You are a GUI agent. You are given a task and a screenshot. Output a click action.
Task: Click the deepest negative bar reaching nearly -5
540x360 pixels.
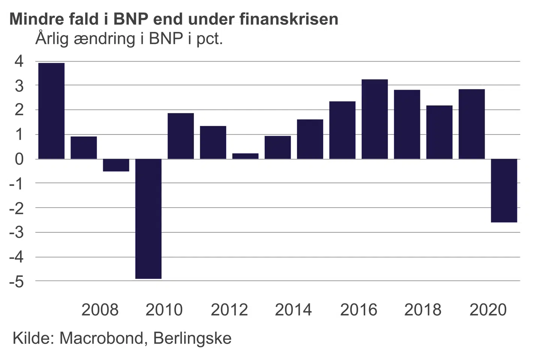pyautogui.click(x=148, y=219)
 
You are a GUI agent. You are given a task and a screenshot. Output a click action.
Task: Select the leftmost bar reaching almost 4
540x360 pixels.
pyautogui.click(x=51, y=111)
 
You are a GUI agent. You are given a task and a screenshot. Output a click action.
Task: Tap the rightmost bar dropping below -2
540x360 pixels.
pyautogui.click(x=504, y=190)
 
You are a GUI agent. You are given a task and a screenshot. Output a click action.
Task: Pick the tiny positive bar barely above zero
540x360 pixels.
pyautogui.click(x=245, y=156)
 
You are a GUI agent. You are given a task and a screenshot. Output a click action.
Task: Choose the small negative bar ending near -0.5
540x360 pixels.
pyautogui.click(x=116, y=165)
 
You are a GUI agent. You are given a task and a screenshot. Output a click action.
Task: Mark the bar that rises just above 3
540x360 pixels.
pyautogui.click(x=375, y=119)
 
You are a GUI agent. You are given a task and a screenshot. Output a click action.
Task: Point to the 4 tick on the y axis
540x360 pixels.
pyautogui.click(x=19, y=61)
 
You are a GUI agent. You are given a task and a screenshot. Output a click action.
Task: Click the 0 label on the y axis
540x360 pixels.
pyautogui.click(x=19, y=159)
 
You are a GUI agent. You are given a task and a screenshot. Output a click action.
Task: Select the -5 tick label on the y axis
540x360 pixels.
pyautogui.click(x=16, y=282)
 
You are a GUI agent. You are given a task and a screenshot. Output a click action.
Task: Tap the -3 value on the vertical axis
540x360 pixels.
pyautogui.click(x=16, y=232)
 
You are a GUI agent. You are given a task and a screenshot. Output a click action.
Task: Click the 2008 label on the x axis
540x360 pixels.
pyautogui.click(x=100, y=310)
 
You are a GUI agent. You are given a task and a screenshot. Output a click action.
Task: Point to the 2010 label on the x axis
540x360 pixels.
pyautogui.click(x=164, y=310)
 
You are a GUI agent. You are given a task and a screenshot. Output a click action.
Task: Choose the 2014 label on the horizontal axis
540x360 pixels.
pyautogui.click(x=293, y=310)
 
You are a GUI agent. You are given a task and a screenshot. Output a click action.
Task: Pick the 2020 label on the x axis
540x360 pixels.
pyautogui.click(x=488, y=310)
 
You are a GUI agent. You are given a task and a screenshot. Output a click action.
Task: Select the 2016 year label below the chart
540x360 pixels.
pyautogui.click(x=358, y=310)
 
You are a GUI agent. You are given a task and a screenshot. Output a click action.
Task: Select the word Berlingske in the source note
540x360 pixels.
pyautogui.click(x=192, y=338)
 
